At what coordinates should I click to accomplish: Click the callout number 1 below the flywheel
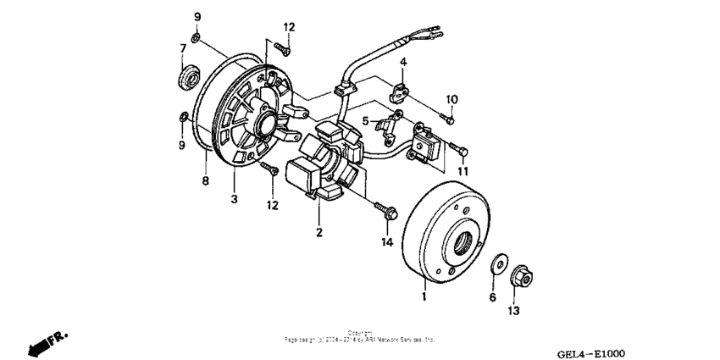pos(424,297)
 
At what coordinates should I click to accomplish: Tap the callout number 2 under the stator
pos(319,232)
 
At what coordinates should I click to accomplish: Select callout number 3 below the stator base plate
pos(235,200)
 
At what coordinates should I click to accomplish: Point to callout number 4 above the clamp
pos(404,62)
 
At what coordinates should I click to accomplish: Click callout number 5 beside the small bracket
pos(366,121)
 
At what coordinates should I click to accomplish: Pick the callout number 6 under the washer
pos(492,297)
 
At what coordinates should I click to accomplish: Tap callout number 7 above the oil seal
pos(182,48)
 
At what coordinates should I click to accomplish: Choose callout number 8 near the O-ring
pos(204,180)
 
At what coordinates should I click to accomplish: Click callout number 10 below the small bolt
pos(451,99)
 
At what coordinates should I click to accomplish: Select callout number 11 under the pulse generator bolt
pos(462,172)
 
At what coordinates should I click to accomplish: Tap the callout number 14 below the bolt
pos(387,243)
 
